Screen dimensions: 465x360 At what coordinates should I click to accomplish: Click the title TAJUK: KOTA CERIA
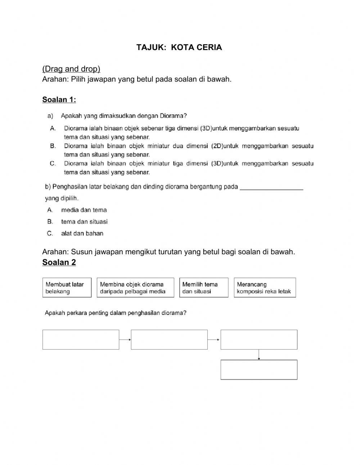pos(179,47)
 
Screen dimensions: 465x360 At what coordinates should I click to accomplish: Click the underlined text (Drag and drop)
pos(71,68)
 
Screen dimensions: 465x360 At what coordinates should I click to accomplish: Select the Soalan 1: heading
pos(59,99)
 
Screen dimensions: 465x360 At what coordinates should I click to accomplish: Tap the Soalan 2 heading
pos(59,262)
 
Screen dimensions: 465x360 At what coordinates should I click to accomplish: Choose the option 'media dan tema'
pos(84,210)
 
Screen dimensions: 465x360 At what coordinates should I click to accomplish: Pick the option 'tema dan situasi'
pos(84,222)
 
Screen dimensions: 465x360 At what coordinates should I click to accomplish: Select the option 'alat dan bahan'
pos(82,233)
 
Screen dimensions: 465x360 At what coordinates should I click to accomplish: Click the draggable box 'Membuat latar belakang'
pos(67,287)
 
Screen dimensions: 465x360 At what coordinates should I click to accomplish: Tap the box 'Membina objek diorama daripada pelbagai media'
pos(135,287)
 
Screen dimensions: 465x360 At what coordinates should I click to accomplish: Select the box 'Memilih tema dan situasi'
pos(204,287)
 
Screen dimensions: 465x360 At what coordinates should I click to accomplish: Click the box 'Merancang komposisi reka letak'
pos(265,287)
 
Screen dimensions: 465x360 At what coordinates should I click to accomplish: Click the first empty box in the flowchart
pos(81,339)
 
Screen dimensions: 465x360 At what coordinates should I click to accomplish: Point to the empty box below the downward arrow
pos(259,370)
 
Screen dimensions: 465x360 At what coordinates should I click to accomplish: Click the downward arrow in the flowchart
pos(259,354)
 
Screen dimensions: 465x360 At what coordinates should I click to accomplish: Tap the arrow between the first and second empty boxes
pos(125,339)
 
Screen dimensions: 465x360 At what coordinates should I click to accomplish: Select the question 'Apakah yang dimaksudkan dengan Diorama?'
pos(123,116)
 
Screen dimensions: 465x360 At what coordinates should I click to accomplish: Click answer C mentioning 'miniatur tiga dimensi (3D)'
pos(188,167)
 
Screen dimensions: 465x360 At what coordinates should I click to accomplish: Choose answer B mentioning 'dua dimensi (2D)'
pos(188,150)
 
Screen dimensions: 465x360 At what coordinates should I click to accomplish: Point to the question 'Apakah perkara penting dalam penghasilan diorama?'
pos(115,313)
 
